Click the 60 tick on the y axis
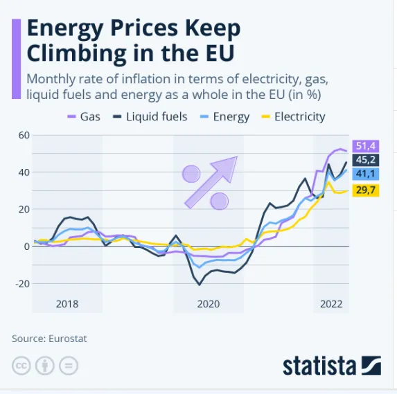23,134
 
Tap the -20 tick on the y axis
21,283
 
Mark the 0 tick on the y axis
26,246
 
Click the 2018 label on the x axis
67,304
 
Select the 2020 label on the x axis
208,304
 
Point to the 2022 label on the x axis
330,304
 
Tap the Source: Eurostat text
49,339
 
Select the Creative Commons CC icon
21,366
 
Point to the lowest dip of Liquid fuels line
200,285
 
